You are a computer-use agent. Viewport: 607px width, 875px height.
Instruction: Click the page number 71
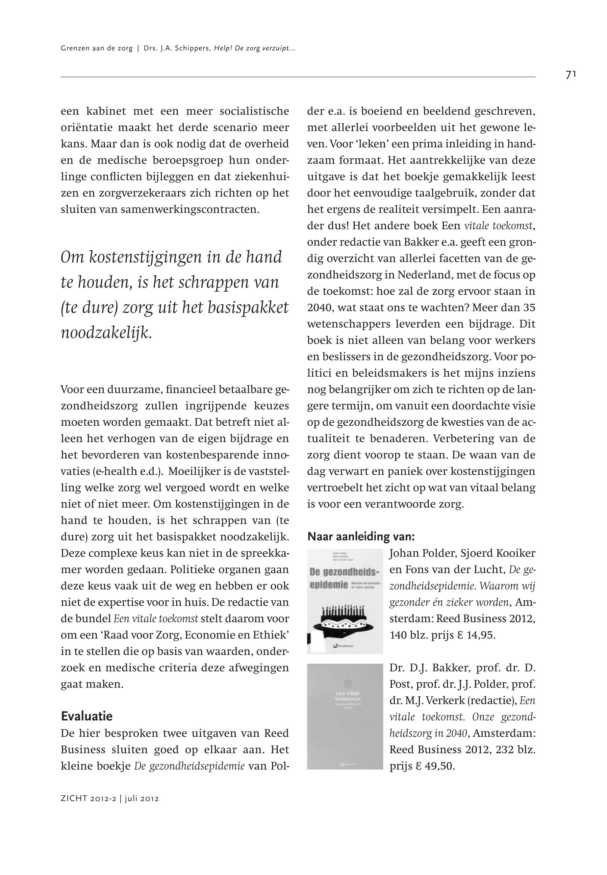coord(570,75)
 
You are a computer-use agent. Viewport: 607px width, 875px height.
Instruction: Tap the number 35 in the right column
coord(529,308)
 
